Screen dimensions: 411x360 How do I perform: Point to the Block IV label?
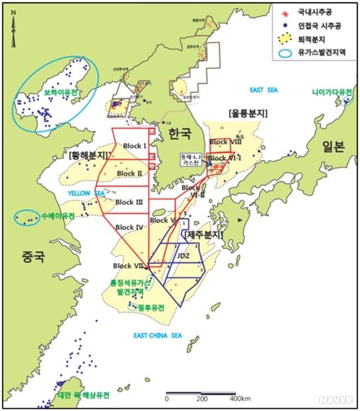point(129,227)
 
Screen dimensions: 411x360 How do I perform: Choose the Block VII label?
point(127,266)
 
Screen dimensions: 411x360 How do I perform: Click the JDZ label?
point(184,255)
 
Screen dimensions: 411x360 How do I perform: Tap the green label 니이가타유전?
point(331,93)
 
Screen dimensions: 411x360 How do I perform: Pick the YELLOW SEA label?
point(87,193)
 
